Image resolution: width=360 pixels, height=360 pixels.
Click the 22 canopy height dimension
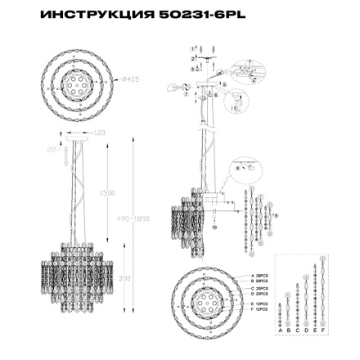[x=50, y=148]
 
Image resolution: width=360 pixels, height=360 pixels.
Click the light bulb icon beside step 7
[x=171, y=86]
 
